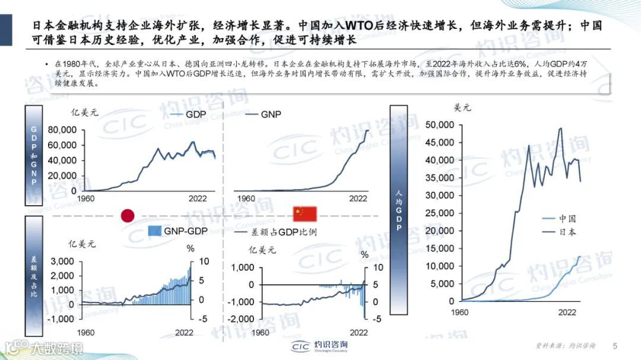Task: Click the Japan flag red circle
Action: [x=128, y=215]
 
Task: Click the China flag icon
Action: [x=306, y=214]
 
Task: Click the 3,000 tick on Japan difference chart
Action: [x=62, y=262]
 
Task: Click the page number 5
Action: [x=614, y=346]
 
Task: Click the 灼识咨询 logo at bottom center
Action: [x=320, y=346]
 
